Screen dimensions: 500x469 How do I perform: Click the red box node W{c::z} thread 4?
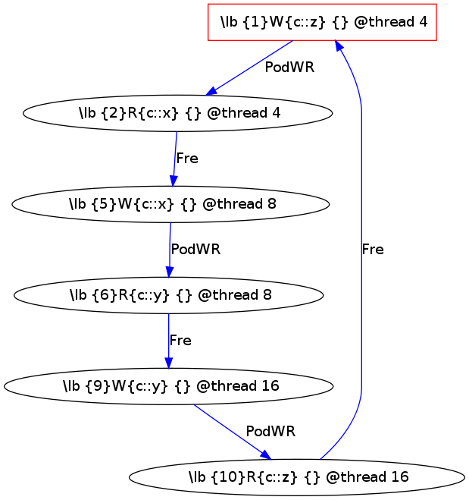(322, 22)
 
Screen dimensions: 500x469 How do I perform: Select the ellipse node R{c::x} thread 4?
(179, 113)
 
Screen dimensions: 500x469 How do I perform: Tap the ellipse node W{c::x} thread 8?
(171, 204)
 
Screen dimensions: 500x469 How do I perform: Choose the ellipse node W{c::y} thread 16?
(169, 385)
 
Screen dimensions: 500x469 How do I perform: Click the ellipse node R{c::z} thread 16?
(297, 476)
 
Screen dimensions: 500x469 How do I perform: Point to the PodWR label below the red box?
(289, 67)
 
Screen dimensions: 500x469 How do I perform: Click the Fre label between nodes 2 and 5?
(186, 159)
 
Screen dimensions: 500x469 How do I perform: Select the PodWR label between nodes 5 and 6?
(195, 249)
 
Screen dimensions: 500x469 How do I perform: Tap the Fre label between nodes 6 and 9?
(180, 340)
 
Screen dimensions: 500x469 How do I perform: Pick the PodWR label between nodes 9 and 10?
(270, 431)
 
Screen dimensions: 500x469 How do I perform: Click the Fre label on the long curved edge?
(373, 249)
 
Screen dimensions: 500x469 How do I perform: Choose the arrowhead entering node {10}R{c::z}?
(266, 454)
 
